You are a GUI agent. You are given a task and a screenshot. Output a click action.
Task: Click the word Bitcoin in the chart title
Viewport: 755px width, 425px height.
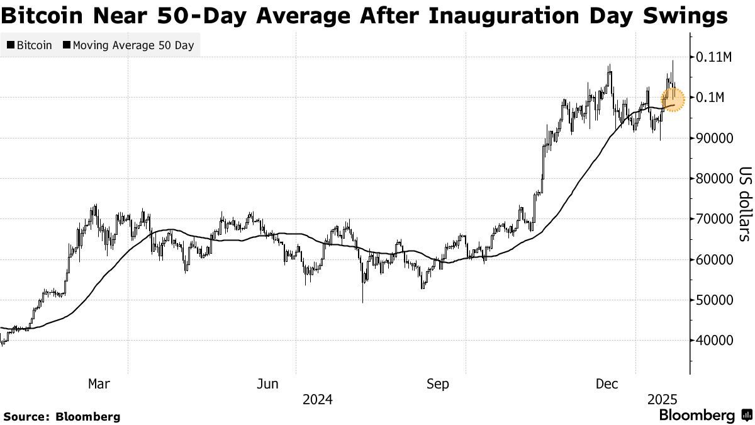tap(42, 15)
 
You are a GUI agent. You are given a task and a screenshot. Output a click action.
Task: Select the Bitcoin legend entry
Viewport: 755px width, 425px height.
tap(30, 45)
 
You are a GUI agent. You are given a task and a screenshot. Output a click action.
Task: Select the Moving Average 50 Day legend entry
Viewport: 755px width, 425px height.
tap(128, 45)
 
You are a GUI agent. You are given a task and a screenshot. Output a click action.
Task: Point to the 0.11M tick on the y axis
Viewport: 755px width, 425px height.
tap(713, 57)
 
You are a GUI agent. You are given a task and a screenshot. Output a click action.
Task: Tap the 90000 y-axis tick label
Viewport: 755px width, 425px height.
tap(714, 139)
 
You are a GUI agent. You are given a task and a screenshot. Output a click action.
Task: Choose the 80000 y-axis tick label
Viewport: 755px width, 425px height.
tap(714, 179)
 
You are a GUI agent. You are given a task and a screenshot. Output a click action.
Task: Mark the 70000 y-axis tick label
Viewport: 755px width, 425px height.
tap(714, 219)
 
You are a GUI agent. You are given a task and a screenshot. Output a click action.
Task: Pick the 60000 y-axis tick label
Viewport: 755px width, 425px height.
tap(714, 259)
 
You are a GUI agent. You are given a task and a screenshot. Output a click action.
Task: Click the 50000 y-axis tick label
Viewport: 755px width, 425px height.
tap(714, 300)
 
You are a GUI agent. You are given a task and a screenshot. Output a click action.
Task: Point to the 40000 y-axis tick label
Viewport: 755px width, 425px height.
tap(714, 341)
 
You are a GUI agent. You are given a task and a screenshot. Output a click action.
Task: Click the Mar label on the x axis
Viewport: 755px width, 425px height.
tap(99, 383)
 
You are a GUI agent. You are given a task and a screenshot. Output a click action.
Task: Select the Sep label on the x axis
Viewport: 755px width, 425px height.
tap(437, 383)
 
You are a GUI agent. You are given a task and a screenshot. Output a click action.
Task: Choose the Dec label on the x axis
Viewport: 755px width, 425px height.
tap(608, 383)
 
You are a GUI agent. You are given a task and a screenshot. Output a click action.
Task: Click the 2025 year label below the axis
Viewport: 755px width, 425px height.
tap(661, 399)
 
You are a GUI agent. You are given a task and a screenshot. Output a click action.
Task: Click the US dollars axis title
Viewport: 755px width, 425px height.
tap(744, 203)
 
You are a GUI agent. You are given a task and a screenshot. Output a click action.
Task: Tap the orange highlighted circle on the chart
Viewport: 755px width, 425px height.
tap(673, 100)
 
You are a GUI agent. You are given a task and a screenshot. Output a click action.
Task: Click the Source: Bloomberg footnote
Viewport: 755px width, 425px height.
tap(62, 416)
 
